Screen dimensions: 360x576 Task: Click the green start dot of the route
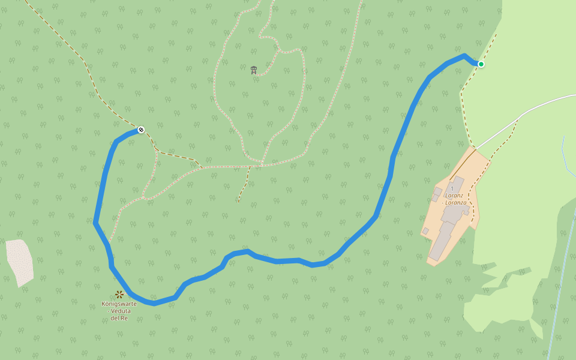pyautogui.click(x=481, y=64)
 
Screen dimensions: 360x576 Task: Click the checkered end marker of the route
pyautogui.click(x=141, y=130)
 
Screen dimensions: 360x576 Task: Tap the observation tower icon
pyautogui.click(x=254, y=70)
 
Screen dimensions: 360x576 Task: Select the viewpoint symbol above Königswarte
pyautogui.click(x=119, y=295)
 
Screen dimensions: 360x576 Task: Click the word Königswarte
pyautogui.click(x=119, y=304)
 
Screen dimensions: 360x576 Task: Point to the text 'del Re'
pyautogui.click(x=119, y=317)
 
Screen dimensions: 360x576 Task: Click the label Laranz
pyautogui.click(x=454, y=195)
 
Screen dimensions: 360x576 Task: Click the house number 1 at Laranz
pyautogui.click(x=452, y=188)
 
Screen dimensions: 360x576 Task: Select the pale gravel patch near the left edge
pyautogui.click(x=20, y=261)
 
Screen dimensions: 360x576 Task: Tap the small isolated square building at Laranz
pyautogui.click(x=425, y=230)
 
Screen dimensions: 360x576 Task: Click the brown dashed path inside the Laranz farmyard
pyautogui.click(x=476, y=204)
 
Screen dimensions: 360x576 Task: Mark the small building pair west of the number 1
pyautogui.click(x=436, y=194)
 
